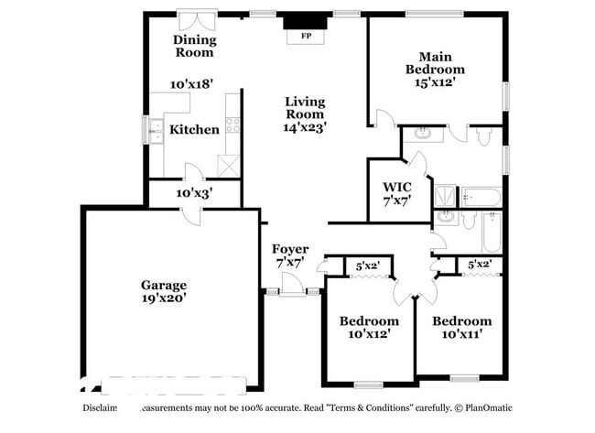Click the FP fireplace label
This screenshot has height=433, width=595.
pos(305,38)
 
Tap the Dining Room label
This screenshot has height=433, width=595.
pos(195,46)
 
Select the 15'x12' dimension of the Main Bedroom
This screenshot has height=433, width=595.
pos(436,81)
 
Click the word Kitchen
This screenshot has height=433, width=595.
pos(195,129)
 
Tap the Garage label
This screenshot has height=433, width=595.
pos(164,285)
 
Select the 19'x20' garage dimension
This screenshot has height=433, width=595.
pos(164,298)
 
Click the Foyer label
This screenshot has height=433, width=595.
pos(290,249)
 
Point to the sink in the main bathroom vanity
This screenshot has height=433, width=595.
pos(424,133)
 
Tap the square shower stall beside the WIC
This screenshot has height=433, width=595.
pos(445,195)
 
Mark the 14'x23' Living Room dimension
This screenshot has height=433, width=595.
pos(305,128)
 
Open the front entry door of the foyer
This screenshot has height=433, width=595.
pos(292,292)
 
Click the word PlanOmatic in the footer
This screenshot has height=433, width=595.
pos(485,407)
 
